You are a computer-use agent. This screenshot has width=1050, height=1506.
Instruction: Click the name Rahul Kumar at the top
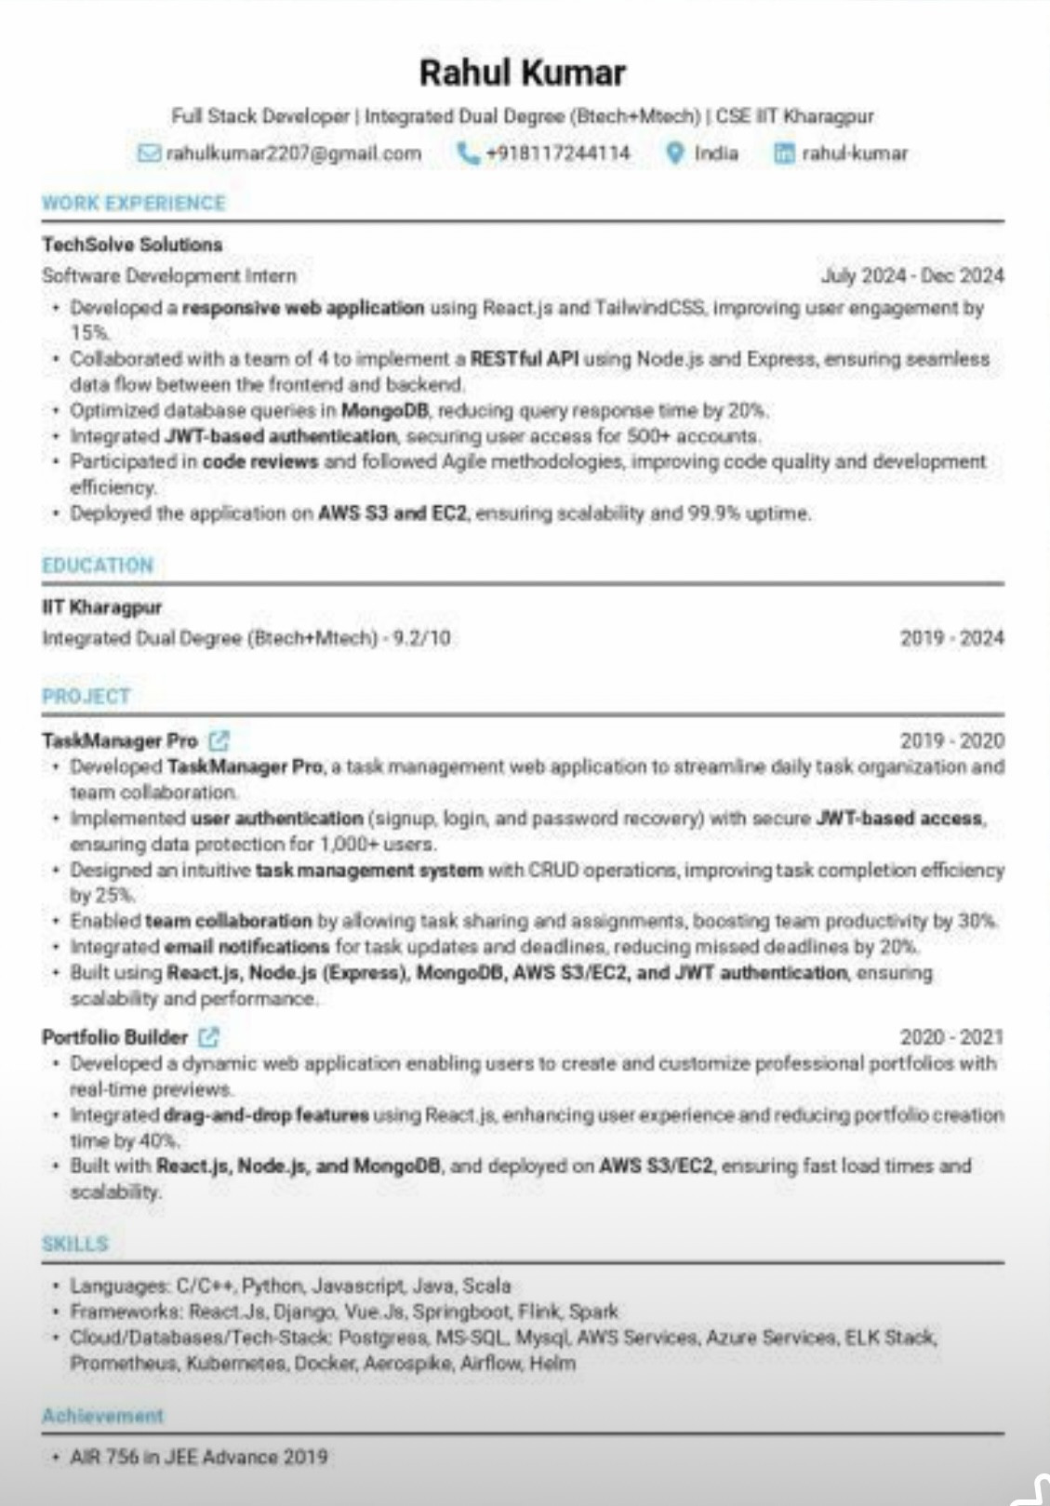tap(522, 73)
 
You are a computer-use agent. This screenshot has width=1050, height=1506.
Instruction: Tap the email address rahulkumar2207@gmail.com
tap(293, 153)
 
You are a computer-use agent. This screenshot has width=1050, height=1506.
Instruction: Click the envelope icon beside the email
tap(149, 153)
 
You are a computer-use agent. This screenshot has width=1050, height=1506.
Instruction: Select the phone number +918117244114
tap(557, 153)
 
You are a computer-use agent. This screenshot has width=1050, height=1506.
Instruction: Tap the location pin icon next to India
tap(675, 153)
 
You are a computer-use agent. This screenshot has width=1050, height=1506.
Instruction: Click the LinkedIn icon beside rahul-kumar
tap(785, 153)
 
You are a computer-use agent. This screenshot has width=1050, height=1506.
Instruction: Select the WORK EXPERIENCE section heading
tap(134, 204)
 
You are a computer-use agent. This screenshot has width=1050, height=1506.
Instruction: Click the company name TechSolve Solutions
tap(132, 245)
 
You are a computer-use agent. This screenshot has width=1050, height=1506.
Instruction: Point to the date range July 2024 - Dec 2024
tap(911, 276)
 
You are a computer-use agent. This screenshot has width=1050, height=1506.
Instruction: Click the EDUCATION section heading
tap(98, 566)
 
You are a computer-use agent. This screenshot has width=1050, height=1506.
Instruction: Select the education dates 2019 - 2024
tap(951, 638)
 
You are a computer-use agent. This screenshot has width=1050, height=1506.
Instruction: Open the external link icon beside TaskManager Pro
tap(219, 740)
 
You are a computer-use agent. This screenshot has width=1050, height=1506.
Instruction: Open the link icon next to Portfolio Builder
tap(209, 1036)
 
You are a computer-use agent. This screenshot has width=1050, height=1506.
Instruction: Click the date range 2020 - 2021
tap(951, 1037)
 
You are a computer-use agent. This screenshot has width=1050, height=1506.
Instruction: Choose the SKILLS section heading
tap(75, 1245)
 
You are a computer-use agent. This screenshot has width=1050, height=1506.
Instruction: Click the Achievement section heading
tap(102, 1416)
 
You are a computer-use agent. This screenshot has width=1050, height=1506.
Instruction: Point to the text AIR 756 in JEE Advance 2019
tap(199, 1457)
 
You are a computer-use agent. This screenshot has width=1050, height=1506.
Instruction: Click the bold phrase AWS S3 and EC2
tap(392, 513)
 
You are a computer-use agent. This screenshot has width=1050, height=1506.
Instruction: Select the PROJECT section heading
tap(86, 697)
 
